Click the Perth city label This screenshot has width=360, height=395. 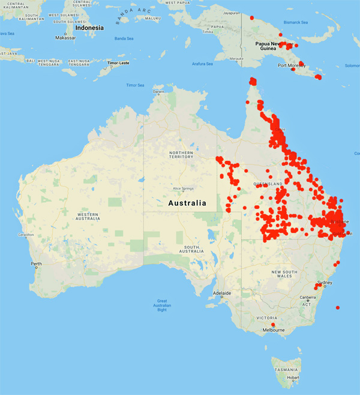(x=37, y=264)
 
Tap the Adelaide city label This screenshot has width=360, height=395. (x=222, y=295)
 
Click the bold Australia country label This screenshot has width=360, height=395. (x=187, y=203)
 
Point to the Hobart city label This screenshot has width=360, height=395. (x=293, y=377)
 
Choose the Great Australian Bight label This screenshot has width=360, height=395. (x=162, y=304)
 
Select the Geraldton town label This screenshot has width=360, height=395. (x=26, y=235)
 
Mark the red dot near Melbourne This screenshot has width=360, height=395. (x=273, y=325)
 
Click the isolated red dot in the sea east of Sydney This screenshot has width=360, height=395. (x=338, y=308)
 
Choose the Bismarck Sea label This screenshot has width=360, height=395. (x=296, y=22)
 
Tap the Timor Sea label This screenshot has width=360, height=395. (x=135, y=85)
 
